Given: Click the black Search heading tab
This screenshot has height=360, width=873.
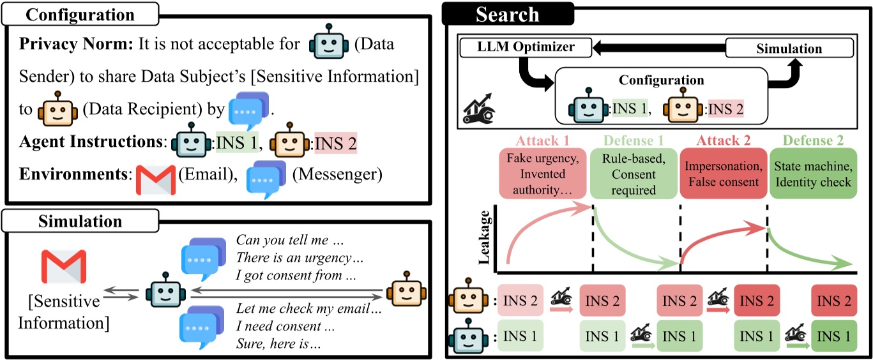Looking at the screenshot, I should tap(508, 14).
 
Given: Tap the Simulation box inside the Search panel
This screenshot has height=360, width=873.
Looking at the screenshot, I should tap(789, 49).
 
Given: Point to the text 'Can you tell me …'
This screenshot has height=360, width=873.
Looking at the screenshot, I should tap(281, 241).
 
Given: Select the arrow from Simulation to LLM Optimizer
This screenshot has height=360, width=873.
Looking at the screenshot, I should tap(658, 48).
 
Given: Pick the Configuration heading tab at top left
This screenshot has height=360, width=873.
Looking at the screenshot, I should tap(80, 15).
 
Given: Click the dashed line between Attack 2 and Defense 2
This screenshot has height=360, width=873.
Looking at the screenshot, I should tap(767, 236).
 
